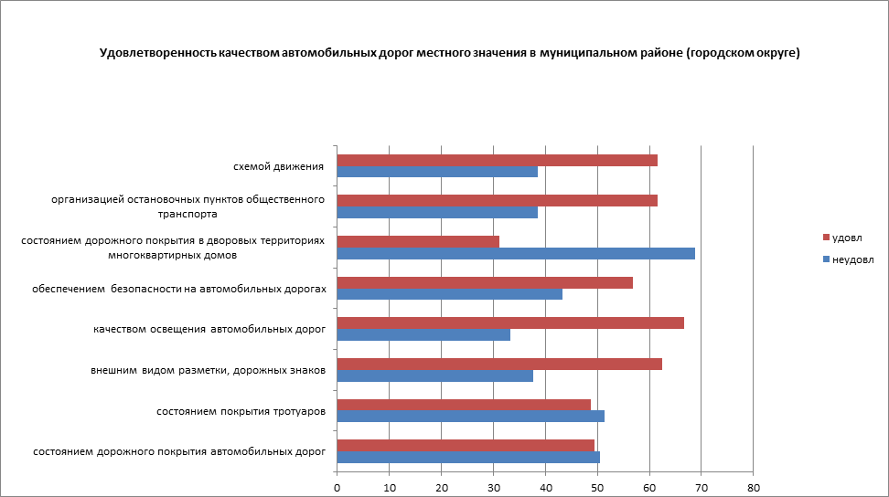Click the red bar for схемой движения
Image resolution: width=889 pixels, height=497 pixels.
[x=497, y=160]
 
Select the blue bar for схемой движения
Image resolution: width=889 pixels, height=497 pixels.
[x=437, y=172]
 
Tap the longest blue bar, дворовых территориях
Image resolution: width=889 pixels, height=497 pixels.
[x=516, y=253]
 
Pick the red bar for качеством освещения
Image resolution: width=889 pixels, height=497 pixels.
[x=510, y=323]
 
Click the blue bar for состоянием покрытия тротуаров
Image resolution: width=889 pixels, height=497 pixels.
[x=470, y=416]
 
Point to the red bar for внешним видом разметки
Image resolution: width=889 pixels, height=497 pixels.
[x=499, y=364]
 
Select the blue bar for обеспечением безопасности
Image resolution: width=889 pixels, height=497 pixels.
[x=449, y=293]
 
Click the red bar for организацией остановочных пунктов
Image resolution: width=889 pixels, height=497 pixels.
[x=497, y=200]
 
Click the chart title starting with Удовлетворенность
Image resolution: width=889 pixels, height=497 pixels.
[x=449, y=54]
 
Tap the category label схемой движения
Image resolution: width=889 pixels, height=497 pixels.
[x=279, y=166]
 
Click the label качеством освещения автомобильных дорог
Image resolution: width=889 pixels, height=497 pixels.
[x=209, y=329]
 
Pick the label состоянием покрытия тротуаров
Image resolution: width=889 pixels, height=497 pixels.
[x=241, y=411]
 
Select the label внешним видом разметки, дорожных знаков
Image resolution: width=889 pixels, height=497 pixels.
[x=208, y=370]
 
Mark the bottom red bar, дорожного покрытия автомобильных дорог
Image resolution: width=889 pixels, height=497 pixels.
[x=466, y=445]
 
